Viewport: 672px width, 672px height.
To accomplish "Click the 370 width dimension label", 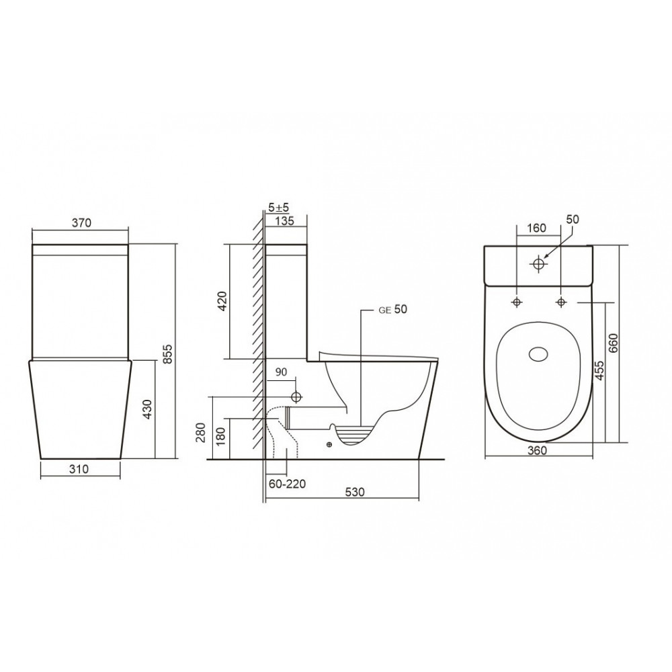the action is (x=81, y=222).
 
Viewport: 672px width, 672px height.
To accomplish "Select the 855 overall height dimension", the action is (x=168, y=353).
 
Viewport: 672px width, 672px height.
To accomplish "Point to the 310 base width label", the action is (x=79, y=469).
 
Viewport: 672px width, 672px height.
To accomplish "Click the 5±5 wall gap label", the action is (x=279, y=208).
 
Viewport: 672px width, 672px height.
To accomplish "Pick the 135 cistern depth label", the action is (x=284, y=221).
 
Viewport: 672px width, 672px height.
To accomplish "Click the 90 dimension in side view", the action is (x=281, y=372).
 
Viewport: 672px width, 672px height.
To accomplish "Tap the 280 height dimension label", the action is (x=203, y=433).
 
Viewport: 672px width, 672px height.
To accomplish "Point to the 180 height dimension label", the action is (x=221, y=437).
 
